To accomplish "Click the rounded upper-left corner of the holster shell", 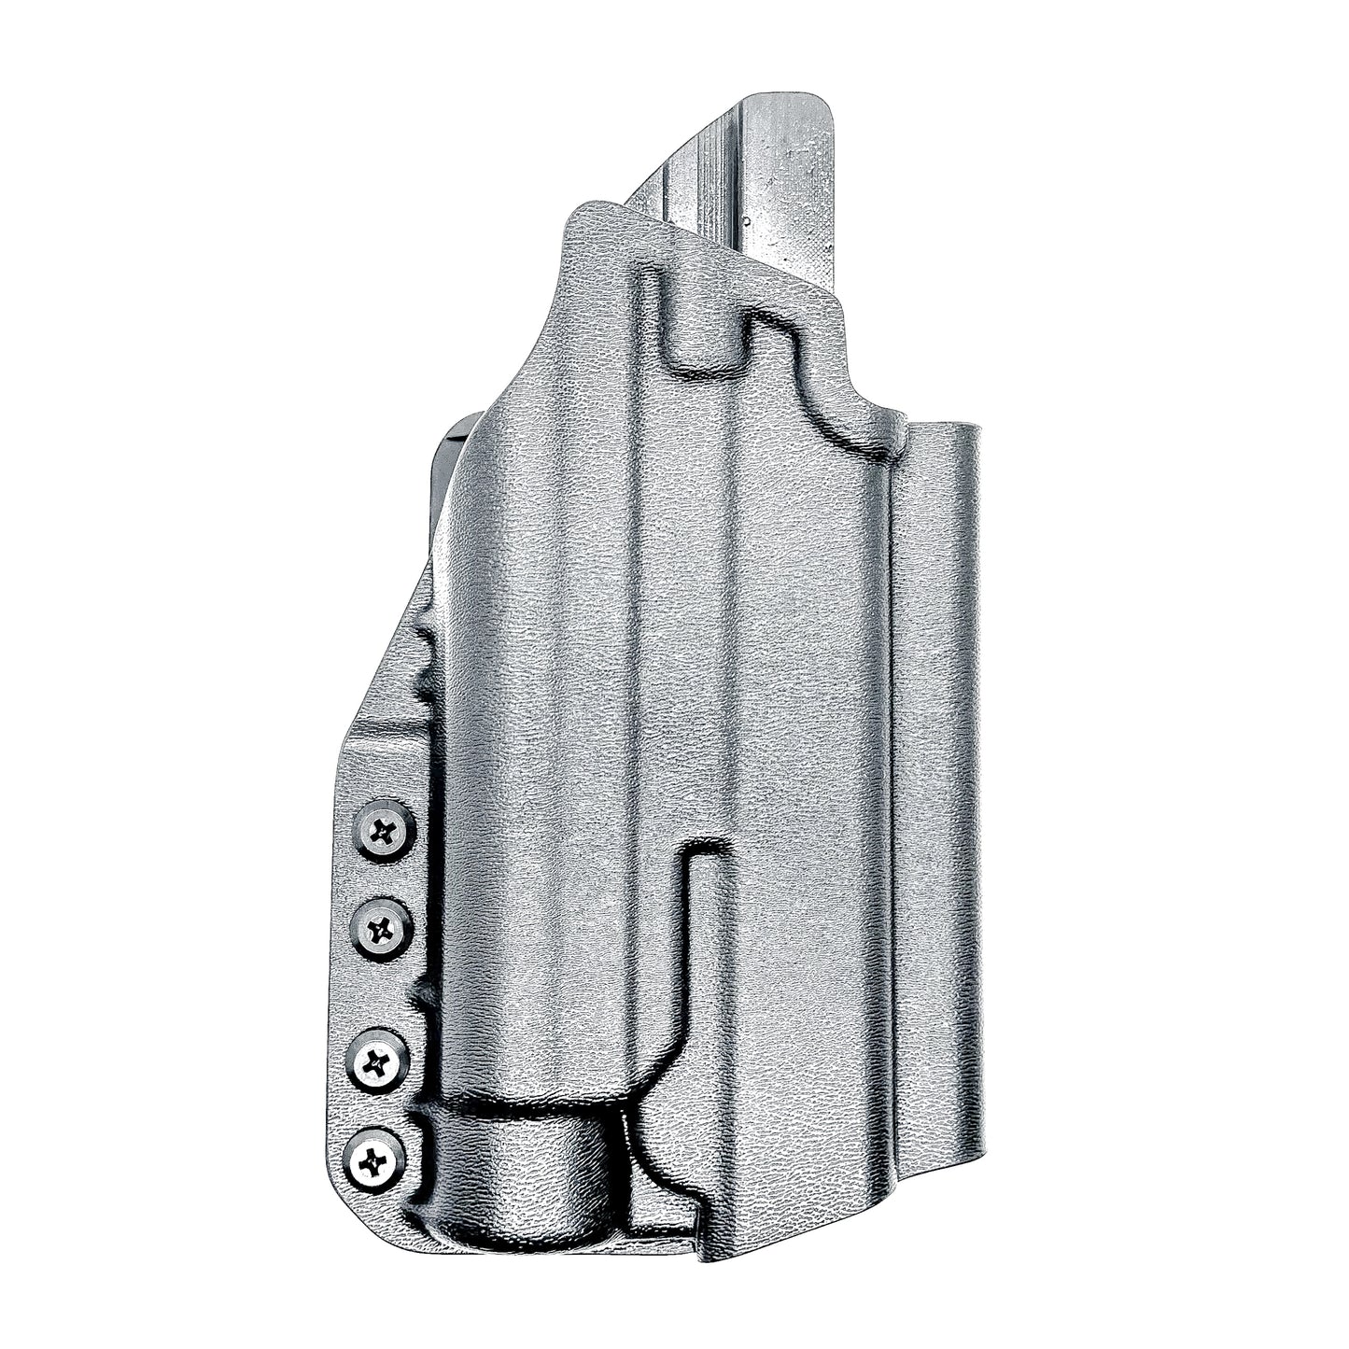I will coord(579,213).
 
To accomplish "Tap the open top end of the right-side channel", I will coord(943,431).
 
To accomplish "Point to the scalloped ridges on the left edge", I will coord(425,653).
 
